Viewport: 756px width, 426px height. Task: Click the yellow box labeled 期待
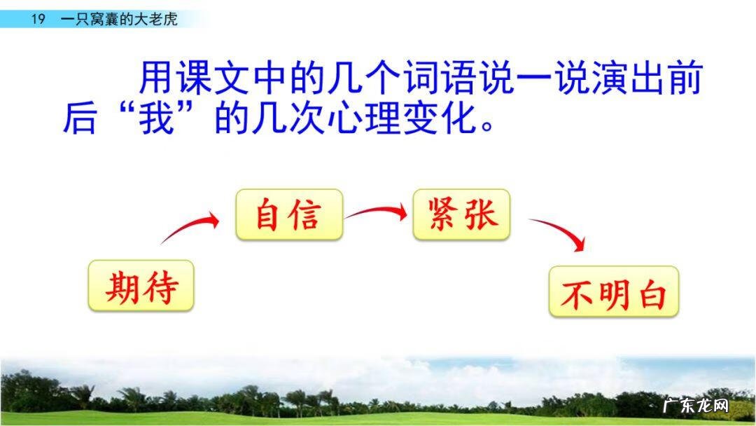coord(141,286)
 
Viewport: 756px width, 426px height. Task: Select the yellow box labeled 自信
coord(289,214)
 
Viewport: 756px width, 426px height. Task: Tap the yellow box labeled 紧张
coord(462,214)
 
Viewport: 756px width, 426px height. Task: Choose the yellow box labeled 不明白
coord(613,291)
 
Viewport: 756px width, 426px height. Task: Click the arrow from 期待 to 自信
coord(190,229)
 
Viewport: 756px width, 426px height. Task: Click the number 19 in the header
coord(38,19)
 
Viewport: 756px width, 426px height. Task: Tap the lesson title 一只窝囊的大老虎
coord(119,19)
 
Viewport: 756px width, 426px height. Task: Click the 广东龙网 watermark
coord(695,406)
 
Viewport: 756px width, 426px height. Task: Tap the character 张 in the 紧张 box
coord(481,214)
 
